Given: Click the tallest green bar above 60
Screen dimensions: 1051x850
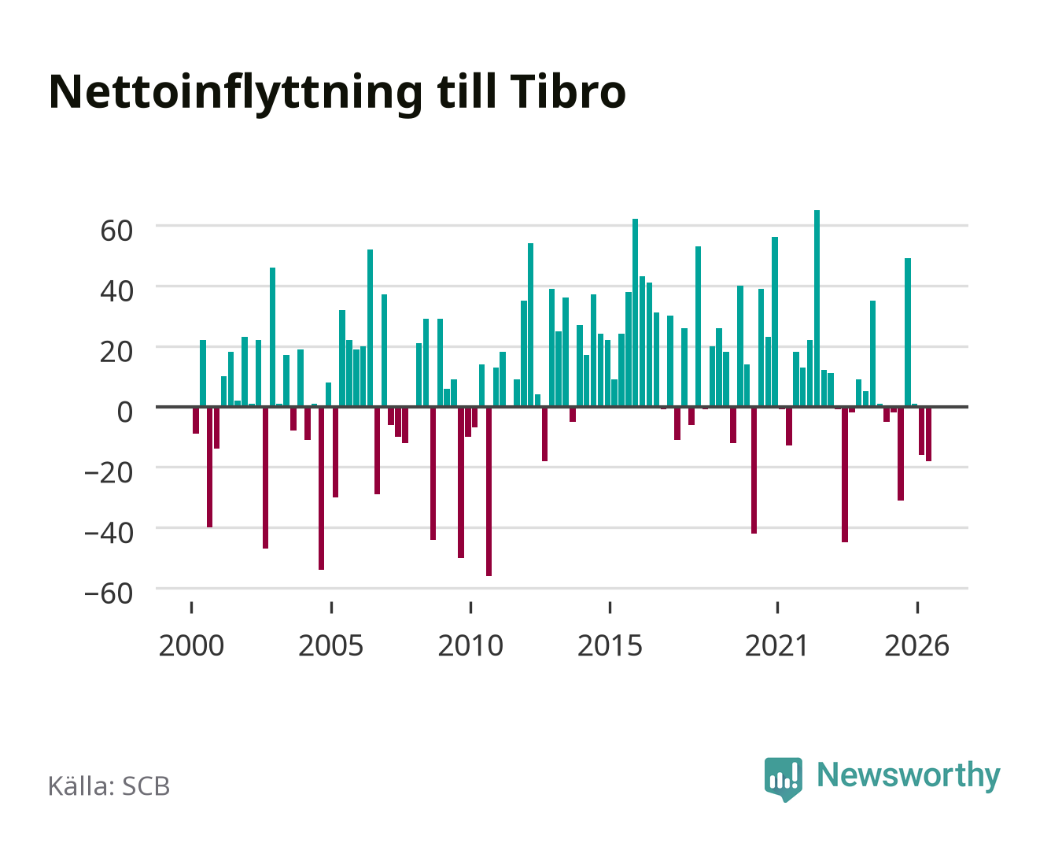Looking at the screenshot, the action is (817, 308).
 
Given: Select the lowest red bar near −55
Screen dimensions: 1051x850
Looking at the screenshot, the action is (489, 491).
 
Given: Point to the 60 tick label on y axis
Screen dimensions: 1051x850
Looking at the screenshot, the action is (116, 231).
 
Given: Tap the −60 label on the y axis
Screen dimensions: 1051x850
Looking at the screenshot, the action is (109, 593).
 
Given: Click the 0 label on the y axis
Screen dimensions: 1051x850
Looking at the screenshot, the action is (125, 412).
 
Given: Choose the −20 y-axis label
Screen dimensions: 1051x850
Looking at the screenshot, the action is (109, 472).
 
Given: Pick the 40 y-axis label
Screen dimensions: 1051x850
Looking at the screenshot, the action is (116, 291).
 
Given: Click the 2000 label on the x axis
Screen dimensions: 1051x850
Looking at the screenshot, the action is (191, 645).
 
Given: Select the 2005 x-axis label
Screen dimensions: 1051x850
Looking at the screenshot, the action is (331, 645).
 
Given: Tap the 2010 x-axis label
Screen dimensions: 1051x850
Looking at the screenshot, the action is (470, 645).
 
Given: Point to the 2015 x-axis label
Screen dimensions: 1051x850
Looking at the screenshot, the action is (610, 645).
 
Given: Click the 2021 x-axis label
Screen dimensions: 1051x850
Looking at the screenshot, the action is (777, 645).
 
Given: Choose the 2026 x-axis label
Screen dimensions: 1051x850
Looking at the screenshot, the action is (916, 645).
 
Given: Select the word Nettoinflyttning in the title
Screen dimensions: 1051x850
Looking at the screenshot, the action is (236, 94).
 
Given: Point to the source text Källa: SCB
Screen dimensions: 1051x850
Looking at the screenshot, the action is (109, 786).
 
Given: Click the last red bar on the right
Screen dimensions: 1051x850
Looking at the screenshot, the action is (928, 434).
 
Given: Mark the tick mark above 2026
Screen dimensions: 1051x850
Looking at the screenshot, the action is (917, 607).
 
